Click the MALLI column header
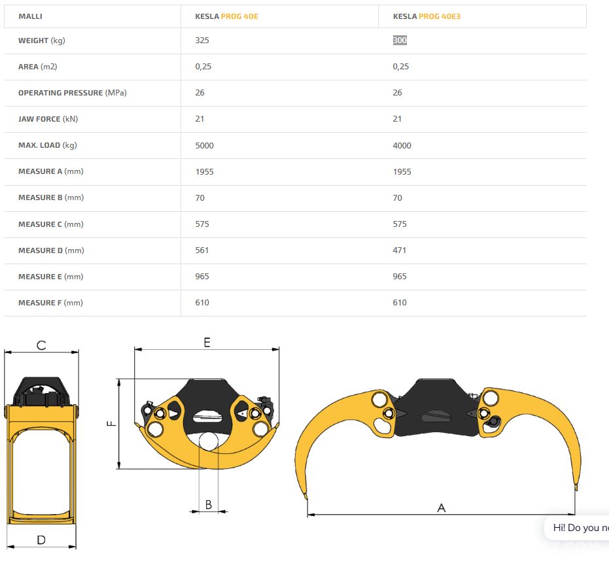30,16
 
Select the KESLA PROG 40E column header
226,16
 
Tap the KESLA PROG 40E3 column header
426,16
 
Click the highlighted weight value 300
400,41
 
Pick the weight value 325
202,41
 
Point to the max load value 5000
204,146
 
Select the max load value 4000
402,146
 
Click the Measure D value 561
202,250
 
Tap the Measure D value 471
399,250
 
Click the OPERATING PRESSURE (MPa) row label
72,93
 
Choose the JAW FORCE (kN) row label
48,119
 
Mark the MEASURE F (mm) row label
50,303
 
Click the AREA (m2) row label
38,67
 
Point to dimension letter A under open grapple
441,507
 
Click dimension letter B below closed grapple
209,504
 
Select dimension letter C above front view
41,345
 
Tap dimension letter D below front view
41,540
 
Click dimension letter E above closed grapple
207,342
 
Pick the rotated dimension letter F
111,423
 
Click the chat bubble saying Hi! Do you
577,528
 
